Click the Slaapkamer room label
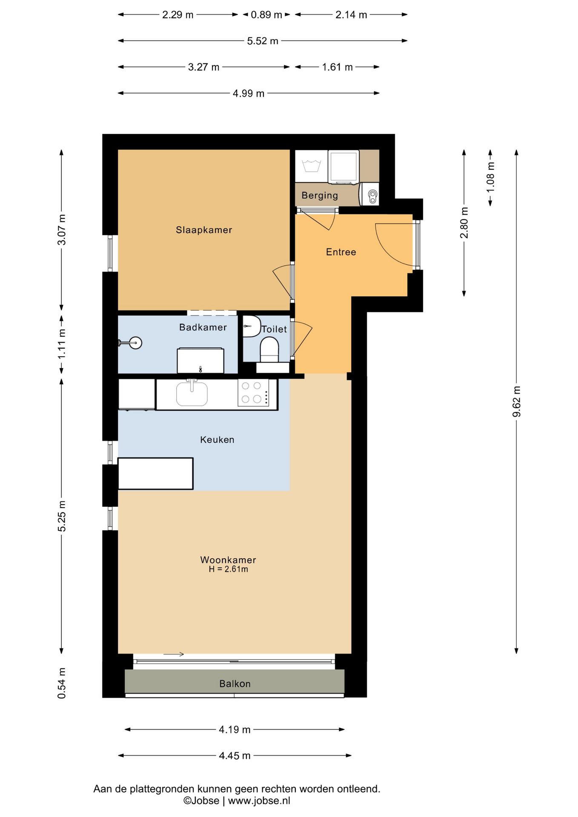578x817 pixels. click(x=204, y=230)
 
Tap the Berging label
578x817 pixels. click(x=320, y=195)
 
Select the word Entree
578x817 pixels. click(x=341, y=252)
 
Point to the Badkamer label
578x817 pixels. click(x=203, y=327)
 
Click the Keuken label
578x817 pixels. click(x=217, y=440)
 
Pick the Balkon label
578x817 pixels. click(x=235, y=684)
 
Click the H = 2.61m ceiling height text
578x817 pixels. click(x=228, y=569)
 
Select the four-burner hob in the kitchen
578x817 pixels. click(x=253, y=393)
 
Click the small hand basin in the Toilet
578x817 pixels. click(x=251, y=326)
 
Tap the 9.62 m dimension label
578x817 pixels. click(x=516, y=402)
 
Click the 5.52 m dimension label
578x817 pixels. click(x=263, y=41)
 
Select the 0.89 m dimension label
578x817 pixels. click(x=266, y=15)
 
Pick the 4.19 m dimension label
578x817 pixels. click(x=235, y=730)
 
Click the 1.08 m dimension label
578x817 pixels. click(x=490, y=177)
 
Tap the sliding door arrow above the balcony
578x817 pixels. click(x=174, y=654)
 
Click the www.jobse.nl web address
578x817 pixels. click(x=259, y=800)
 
